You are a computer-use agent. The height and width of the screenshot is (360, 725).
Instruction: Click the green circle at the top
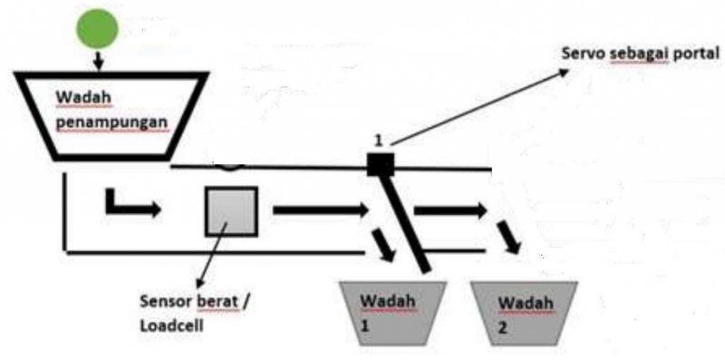click(x=98, y=30)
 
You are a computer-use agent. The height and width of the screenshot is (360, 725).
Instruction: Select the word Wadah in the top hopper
click(x=76, y=97)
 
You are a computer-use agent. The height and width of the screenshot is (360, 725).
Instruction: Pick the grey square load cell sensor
click(x=231, y=211)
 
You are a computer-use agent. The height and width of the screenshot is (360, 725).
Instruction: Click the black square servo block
click(x=380, y=164)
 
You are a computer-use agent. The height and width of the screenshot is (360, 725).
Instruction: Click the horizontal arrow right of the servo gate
click(x=449, y=210)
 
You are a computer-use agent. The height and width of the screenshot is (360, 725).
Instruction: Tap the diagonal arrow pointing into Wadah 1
click(x=383, y=246)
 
